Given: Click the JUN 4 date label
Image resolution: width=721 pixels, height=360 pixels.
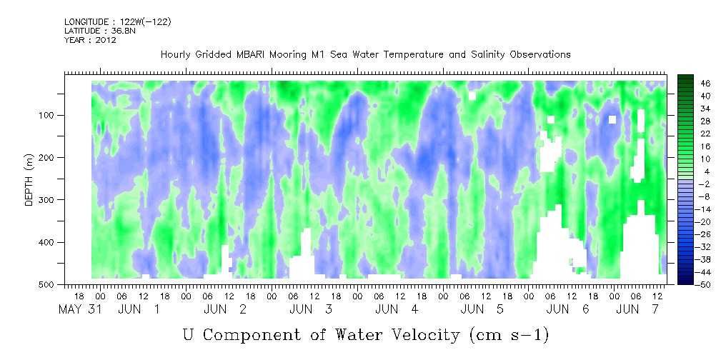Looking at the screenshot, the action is click(397, 309).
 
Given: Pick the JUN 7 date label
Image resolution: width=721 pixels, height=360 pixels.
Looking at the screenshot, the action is click(638, 309).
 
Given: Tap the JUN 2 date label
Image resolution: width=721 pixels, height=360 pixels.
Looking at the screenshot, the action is click(225, 309).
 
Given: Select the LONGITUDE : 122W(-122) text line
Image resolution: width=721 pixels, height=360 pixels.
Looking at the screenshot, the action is click(118, 21).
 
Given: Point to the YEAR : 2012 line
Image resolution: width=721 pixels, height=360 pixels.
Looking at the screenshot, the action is click(90, 39).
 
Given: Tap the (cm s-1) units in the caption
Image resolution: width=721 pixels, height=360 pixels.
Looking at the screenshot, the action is click(509, 336).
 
